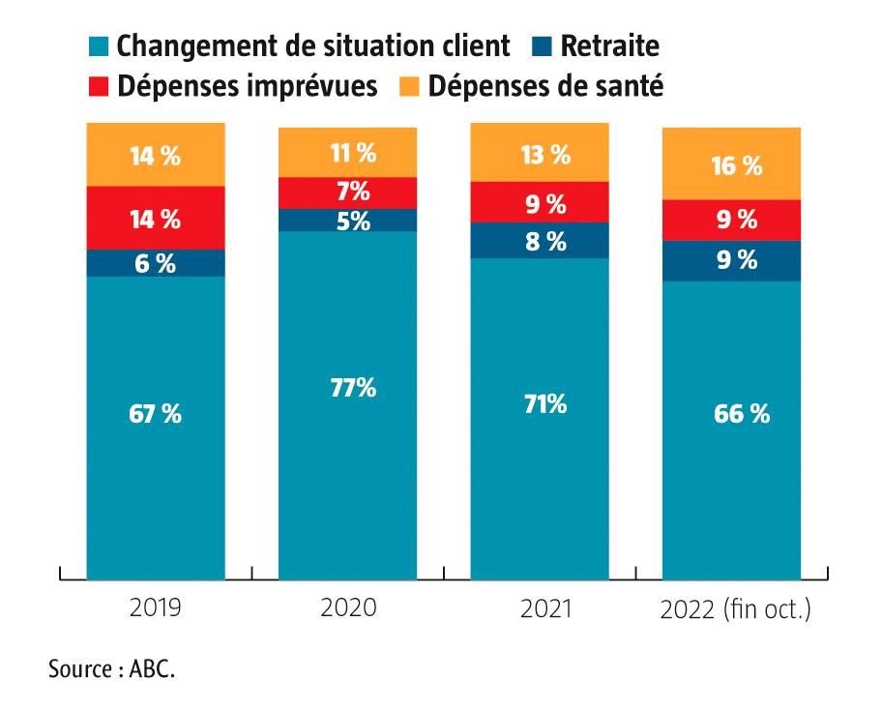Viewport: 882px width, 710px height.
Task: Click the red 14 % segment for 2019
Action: (x=156, y=218)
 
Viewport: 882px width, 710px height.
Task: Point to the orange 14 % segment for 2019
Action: (x=156, y=155)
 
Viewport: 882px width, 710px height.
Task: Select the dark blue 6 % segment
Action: (x=156, y=263)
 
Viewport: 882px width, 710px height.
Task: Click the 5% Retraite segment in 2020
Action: (x=347, y=221)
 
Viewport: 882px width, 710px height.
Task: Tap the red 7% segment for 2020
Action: (x=347, y=192)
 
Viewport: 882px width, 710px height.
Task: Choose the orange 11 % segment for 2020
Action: (x=347, y=152)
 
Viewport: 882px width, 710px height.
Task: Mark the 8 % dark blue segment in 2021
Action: (x=539, y=241)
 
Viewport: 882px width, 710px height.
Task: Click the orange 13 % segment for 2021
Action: (x=539, y=153)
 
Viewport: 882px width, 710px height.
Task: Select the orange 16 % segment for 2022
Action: (x=731, y=164)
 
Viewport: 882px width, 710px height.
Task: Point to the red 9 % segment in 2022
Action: (x=731, y=220)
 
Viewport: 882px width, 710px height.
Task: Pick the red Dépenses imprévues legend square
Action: (x=99, y=86)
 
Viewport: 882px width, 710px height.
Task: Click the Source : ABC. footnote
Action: (x=112, y=669)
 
